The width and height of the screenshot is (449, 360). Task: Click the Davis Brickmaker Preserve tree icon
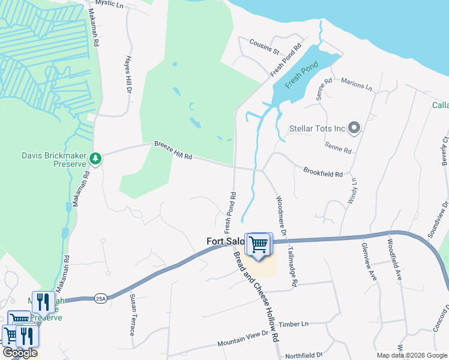click(x=95, y=158)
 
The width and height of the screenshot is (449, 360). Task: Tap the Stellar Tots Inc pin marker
click(x=354, y=128)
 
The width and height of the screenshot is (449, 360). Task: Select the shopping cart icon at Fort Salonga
click(x=259, y=245)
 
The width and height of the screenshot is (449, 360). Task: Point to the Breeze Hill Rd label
click(x=173, y=150)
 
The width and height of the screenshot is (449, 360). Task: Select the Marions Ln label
click(x=357, y=85)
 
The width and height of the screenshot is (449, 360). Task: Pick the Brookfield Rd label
click(x=323, y=172)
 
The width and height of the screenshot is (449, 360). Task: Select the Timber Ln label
click(x=297, y=324)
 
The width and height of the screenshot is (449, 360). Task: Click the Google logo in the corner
click(x=20, y=353)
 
